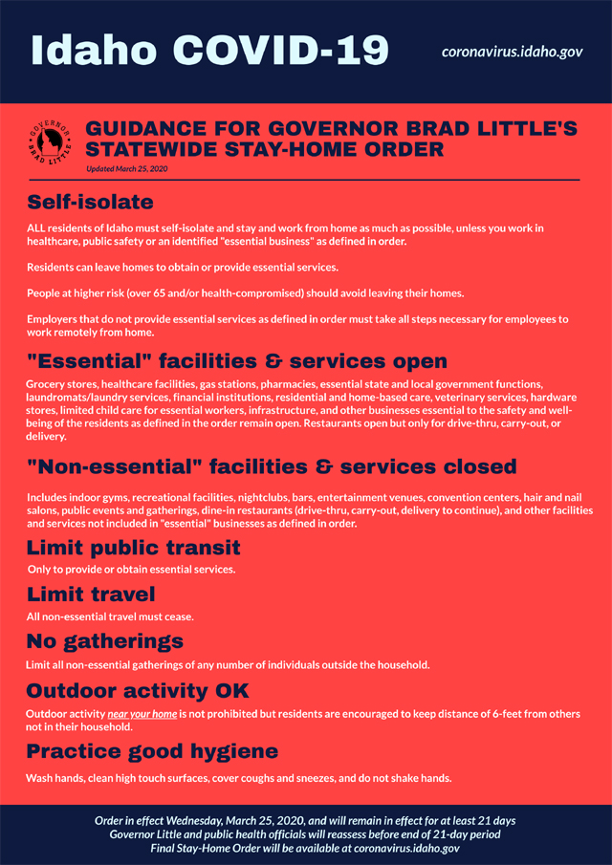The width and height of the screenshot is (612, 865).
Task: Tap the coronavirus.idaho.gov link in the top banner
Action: [512, 51]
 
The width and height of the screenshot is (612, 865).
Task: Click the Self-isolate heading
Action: [90, 202]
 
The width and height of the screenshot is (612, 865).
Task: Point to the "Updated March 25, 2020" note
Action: [128, 169]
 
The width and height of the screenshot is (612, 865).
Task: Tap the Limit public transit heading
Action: [133, 548]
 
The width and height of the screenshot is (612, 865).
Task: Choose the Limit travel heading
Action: [91, 595]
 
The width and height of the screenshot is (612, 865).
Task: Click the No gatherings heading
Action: [105, 640]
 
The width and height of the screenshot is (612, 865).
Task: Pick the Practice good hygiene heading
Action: [152, 750]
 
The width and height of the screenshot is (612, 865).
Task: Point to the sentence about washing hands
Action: [238, 777]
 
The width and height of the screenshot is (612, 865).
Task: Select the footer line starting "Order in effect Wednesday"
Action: [305, 821]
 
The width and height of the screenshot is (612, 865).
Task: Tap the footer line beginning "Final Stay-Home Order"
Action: [305, 848]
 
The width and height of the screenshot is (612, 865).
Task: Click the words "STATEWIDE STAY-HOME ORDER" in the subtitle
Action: [264, 149]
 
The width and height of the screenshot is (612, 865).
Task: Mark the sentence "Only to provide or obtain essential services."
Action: [131, 569]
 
